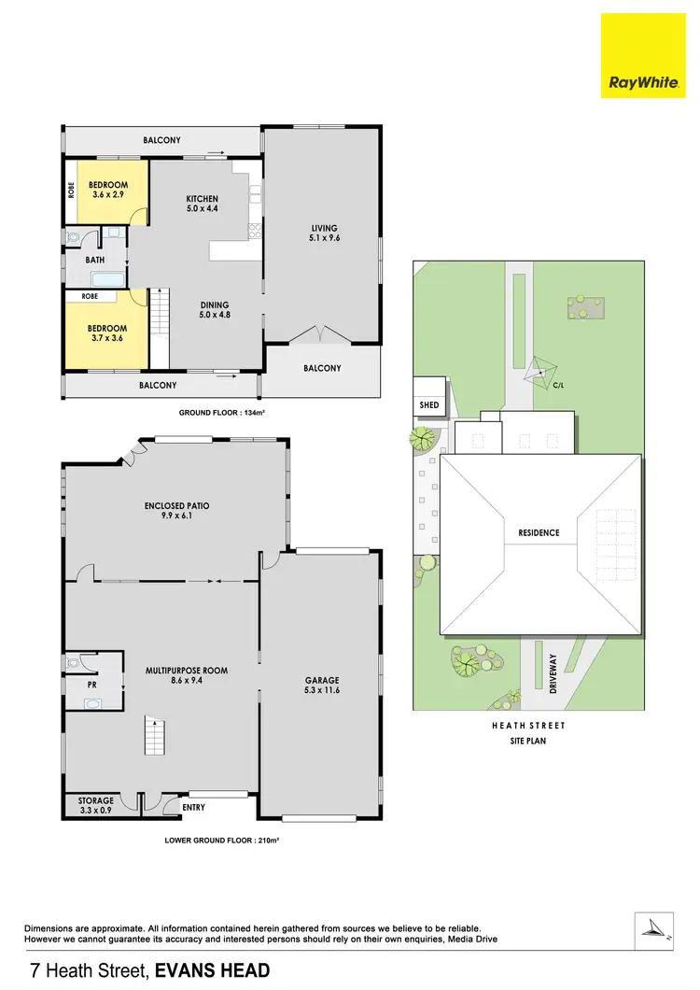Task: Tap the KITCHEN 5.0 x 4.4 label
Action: pyautogui.click(x=202, y=205)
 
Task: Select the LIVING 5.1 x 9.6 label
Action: pyautogui.click(x=324, y=233)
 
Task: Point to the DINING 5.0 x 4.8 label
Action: pyautogui.click(x=214, y=310)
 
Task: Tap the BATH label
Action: pyautogui.click(x=94, y=260)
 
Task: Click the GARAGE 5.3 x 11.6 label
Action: pyautogui.click(x=322, y=686)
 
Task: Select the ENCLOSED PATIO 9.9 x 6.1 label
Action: pyautogui.click(x=176, y=511)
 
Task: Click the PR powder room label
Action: pyautogui.click(x=92, y=683)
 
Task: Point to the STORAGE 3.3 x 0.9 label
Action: pyautogui.click(x=95, y=805)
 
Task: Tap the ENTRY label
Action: pyautogui.click(x=192, y=807)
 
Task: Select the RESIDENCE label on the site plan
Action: pyautogui.click(x=539, y=533)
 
